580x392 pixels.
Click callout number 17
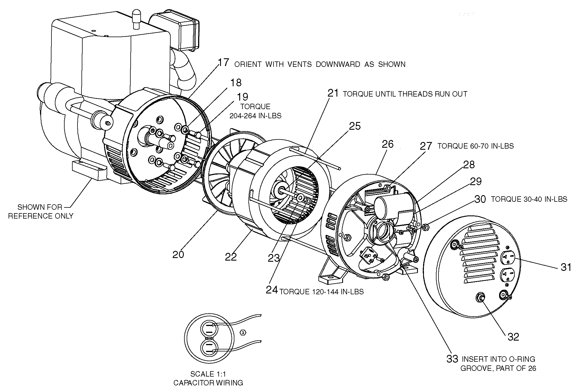(224, 63)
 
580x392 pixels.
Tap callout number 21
(333, 93)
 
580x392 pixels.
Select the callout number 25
(355, 126)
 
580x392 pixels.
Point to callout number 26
(388, 144)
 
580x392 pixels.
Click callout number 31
(566, 267)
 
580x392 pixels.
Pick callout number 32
(513, 337)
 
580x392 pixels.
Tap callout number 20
(178, 254)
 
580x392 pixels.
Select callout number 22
(231, 257)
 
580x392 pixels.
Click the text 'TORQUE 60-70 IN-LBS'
(475, 146)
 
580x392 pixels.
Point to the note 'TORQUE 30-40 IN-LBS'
(529, 199)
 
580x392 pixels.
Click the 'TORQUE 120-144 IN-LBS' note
(321, 292)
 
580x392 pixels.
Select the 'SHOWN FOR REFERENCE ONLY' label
(41, 211)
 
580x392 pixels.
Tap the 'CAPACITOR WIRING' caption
(208, 383)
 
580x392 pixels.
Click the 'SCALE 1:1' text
(208, 374)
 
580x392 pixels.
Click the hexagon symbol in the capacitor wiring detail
(243, 333)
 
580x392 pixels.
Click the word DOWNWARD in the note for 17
(338, 64)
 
